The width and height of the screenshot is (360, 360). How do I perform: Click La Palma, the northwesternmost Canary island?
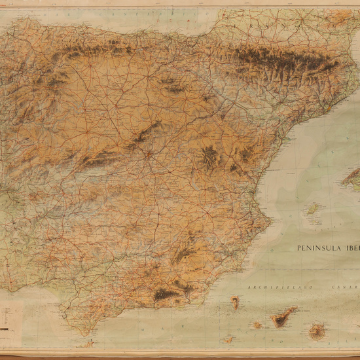(235, 302)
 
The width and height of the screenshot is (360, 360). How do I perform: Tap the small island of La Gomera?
(257, 325)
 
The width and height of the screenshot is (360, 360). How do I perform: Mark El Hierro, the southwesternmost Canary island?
(228, 340)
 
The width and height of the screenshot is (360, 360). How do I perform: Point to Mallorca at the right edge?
(352, 175)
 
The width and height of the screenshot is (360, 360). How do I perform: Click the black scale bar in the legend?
(6, 327)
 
